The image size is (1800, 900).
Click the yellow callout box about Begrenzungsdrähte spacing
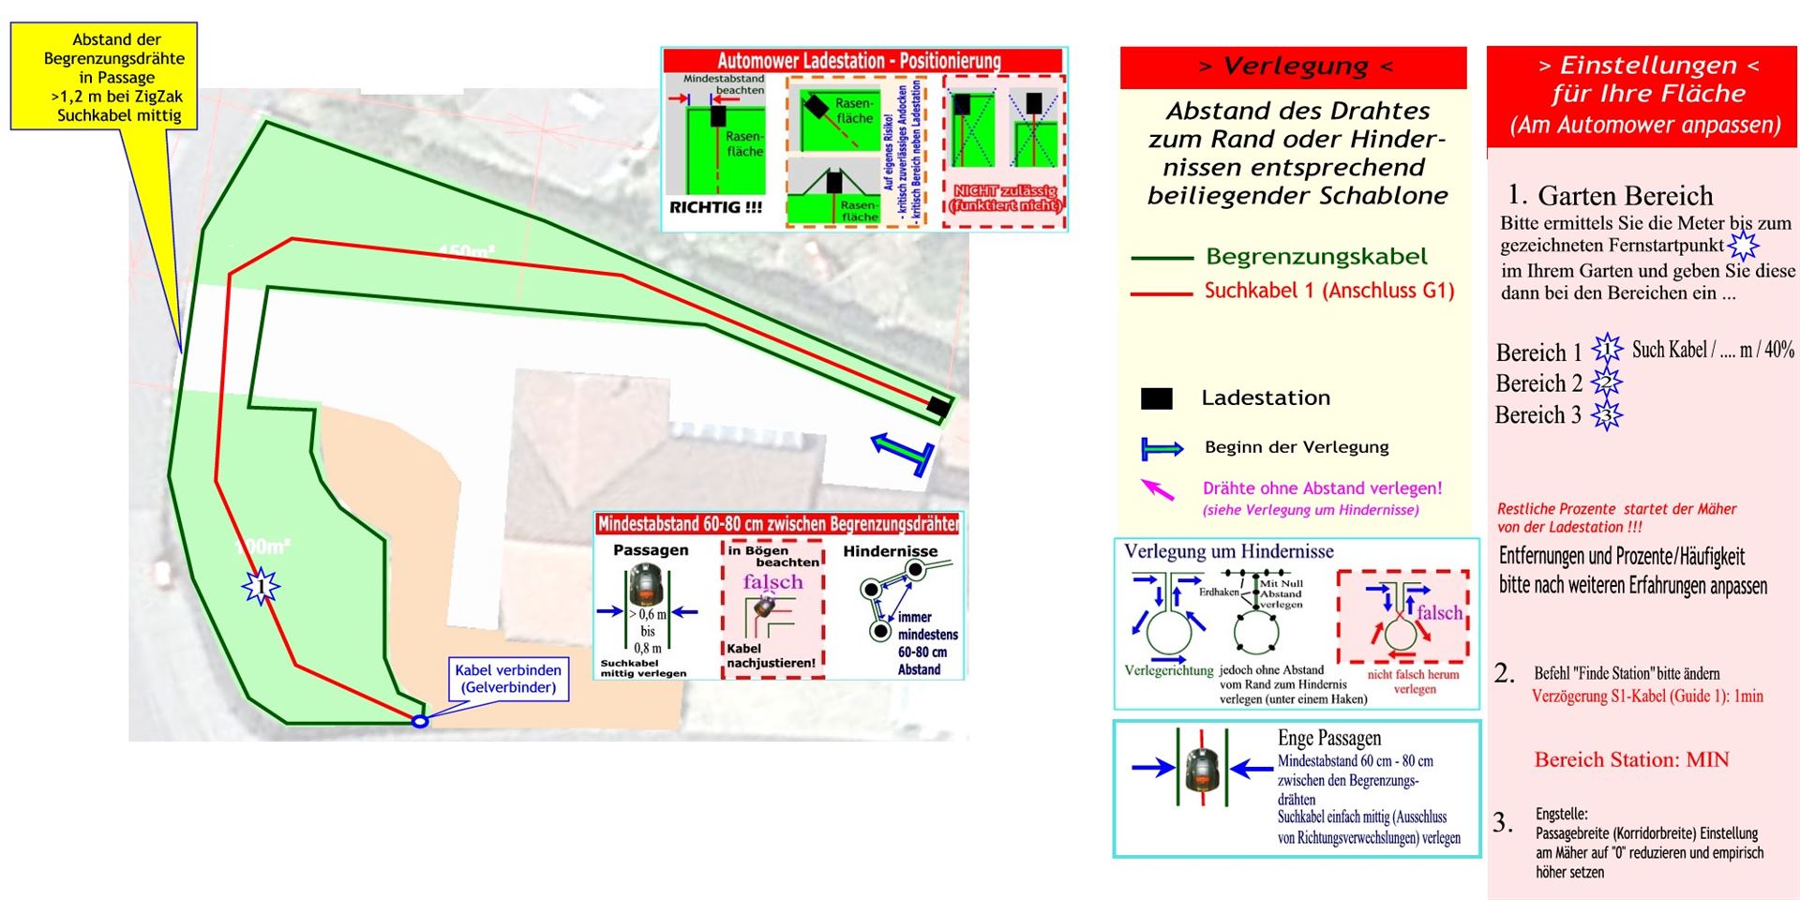coord(104,76)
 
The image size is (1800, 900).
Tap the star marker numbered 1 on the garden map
coord(261,588)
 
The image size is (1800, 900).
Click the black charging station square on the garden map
coord(937,406)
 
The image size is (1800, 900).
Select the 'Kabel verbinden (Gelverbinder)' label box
coord(507,679)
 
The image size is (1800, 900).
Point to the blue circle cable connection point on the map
coord(420,721)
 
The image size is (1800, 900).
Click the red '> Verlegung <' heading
coord(1293,67)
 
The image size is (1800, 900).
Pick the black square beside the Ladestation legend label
coord(1156,399)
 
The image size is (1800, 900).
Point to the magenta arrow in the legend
coord(1157,488)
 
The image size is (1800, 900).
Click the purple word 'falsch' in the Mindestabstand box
coord(772,582)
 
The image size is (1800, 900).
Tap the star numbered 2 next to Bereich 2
coord(1607,382)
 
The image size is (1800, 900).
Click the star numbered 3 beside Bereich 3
coord(1607,414)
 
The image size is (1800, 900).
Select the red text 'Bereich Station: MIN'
coord(1631,759)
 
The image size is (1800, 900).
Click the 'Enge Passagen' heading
coord(1328,739)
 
